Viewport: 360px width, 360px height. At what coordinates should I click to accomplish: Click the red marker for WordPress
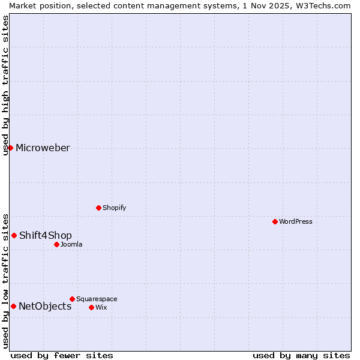(x=275, y=221)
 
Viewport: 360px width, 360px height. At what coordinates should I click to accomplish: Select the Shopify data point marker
(x=98, y=208)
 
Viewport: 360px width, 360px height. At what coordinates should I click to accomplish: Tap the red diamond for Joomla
(x=56, y=244)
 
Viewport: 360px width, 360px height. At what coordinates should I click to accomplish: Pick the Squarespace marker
(x=72, y=299)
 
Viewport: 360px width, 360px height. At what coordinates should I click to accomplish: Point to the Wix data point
(x=91, y=307)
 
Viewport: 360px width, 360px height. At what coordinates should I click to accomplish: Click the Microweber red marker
(x=10, y=148)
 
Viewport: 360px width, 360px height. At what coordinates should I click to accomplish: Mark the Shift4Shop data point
(x=14, y=235)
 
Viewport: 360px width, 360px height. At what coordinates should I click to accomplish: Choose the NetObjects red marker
(x=13, y=306)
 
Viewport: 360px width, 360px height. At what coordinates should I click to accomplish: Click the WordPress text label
(x=296, y=221)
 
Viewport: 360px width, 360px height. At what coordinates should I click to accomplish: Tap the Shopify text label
(x=114, y=208)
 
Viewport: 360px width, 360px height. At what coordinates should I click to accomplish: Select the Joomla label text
(x=71, y=244)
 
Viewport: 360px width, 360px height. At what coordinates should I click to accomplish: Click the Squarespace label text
(x=97, y=299)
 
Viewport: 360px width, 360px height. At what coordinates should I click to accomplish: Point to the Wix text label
(x=101, y=307)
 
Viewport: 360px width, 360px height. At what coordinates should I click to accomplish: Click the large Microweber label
(x=43, y=148)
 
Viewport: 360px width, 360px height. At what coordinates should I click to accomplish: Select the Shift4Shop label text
(x=46, y=235)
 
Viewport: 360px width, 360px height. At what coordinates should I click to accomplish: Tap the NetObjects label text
(x=45, y=307)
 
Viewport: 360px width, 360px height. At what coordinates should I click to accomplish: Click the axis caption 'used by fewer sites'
(x=62, y=355)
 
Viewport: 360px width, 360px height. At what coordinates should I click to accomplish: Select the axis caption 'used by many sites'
(x=301, y=355)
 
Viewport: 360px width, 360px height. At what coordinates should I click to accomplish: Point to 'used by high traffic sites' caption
(x=5, y=85)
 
